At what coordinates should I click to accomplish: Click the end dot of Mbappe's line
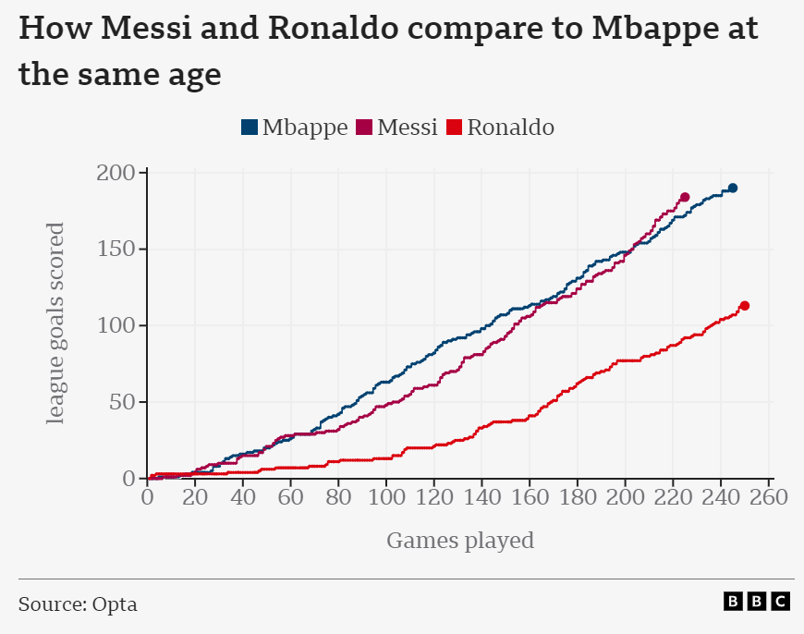pyautogui.click(x=732, y=188)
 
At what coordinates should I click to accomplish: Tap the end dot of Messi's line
pyautogui.click(x=685, y=197)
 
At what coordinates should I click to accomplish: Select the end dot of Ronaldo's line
pyautogui.click(x=744, y=306)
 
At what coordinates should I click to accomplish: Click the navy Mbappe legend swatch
pyautogui.click(x=250, y=128)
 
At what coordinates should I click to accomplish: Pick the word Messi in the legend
pyautogui.click(x=407, y=128)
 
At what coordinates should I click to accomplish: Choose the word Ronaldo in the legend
pyautogui.click(x=510, y=128)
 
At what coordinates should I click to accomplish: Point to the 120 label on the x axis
pyautogui.click(x=434, y=497)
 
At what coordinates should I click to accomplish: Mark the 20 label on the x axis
pyautogui.click(x=195, y=497)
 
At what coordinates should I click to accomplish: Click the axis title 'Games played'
pyautogui.click(x=459, y=540)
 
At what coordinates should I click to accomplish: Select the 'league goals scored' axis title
pyautogui.click(x=56, y=323)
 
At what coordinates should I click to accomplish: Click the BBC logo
pyautogui.click(x=757, y=602)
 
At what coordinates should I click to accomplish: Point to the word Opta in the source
pyautogui.click(x=115, y=604)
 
